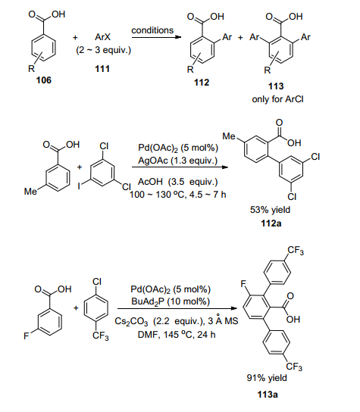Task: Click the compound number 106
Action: pyautogui.click(x=44, y=80)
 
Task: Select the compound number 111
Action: pyautogui.click(x=102, y=69)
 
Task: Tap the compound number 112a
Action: pyautogui.click(x=271, y=223)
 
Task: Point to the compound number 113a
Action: pyautogui.click(x=268, y=395)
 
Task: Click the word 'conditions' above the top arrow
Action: pyautogui.click(x=152, y=30)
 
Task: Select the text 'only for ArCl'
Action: pyautogui.click(x=277, y=99)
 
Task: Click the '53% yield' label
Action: pyautogui.click(x=270, y=210)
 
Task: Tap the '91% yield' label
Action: pyautogui.click(x=267, y=378)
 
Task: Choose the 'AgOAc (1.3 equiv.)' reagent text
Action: pyautogui.click(x=178, y=161)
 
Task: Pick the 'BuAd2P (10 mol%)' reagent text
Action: pyautogui.click(x=171, y=301)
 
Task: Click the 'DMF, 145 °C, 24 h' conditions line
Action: pyautogui.click(x=177, y=335)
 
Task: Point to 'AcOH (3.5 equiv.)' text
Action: pyautogui.click(x=178, y=182)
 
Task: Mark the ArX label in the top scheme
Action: pyautogui.click(x=102, y=37)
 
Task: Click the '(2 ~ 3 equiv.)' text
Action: pyautogui.click(x=103, y=50)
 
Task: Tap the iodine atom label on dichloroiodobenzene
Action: pyautogui.click(x=79, y=186)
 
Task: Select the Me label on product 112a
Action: pyautogui.click(x=229, y=136)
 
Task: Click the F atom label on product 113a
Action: pyautogui.click(x=243, y=284)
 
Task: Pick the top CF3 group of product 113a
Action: pyautogui.click(x=296, y=251)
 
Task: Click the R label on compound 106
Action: pyautogui.click(x=31, y=69)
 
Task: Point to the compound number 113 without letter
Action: pyautogui.click(x=276, y=86)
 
